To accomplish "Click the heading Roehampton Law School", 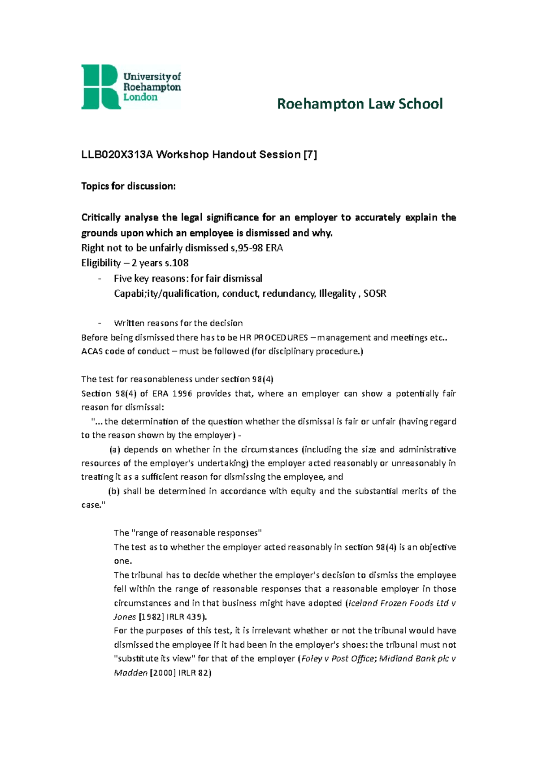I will coord(360,104).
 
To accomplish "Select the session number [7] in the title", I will coord(310,155).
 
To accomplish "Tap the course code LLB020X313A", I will coord(117,155).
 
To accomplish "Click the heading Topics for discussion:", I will coord(128,186).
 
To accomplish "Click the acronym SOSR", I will coord(375,294).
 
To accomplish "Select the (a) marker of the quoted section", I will coord(115,450).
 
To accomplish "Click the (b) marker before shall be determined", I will coord(114,491).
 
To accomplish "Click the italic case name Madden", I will coord(130,673).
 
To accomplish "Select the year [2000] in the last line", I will coord(162,673).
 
